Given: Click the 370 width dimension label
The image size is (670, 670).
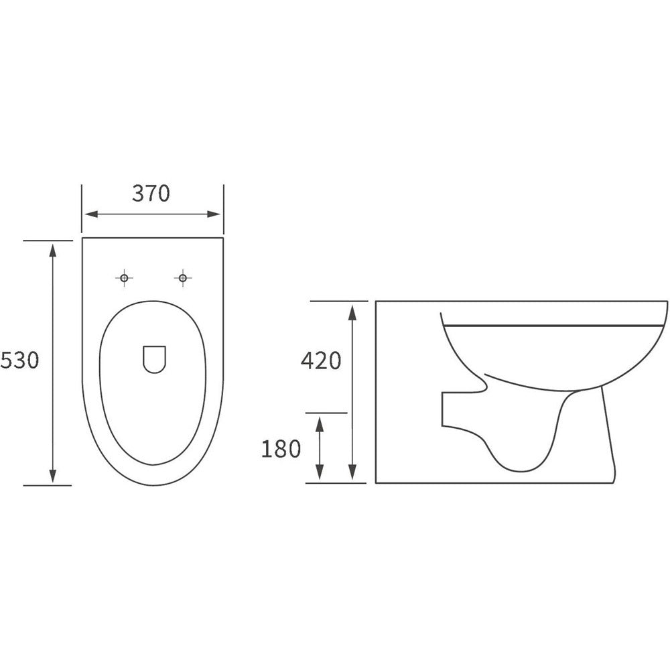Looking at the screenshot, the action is tap(151, 193).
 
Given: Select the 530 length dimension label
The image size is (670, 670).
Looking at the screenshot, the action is tap(19, 360).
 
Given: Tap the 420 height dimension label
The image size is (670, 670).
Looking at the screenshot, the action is tap(321, 360).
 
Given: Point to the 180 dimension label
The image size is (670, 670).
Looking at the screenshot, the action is tap(281, 449).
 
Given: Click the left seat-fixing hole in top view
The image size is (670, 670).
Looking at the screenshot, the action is tap(125, 278).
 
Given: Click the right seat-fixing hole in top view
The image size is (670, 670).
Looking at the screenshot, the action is tap(183, 278).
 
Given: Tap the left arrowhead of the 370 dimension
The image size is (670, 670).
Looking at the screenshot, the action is tap(91, 214).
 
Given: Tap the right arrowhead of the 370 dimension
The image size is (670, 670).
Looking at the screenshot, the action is tap(214, 214).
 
